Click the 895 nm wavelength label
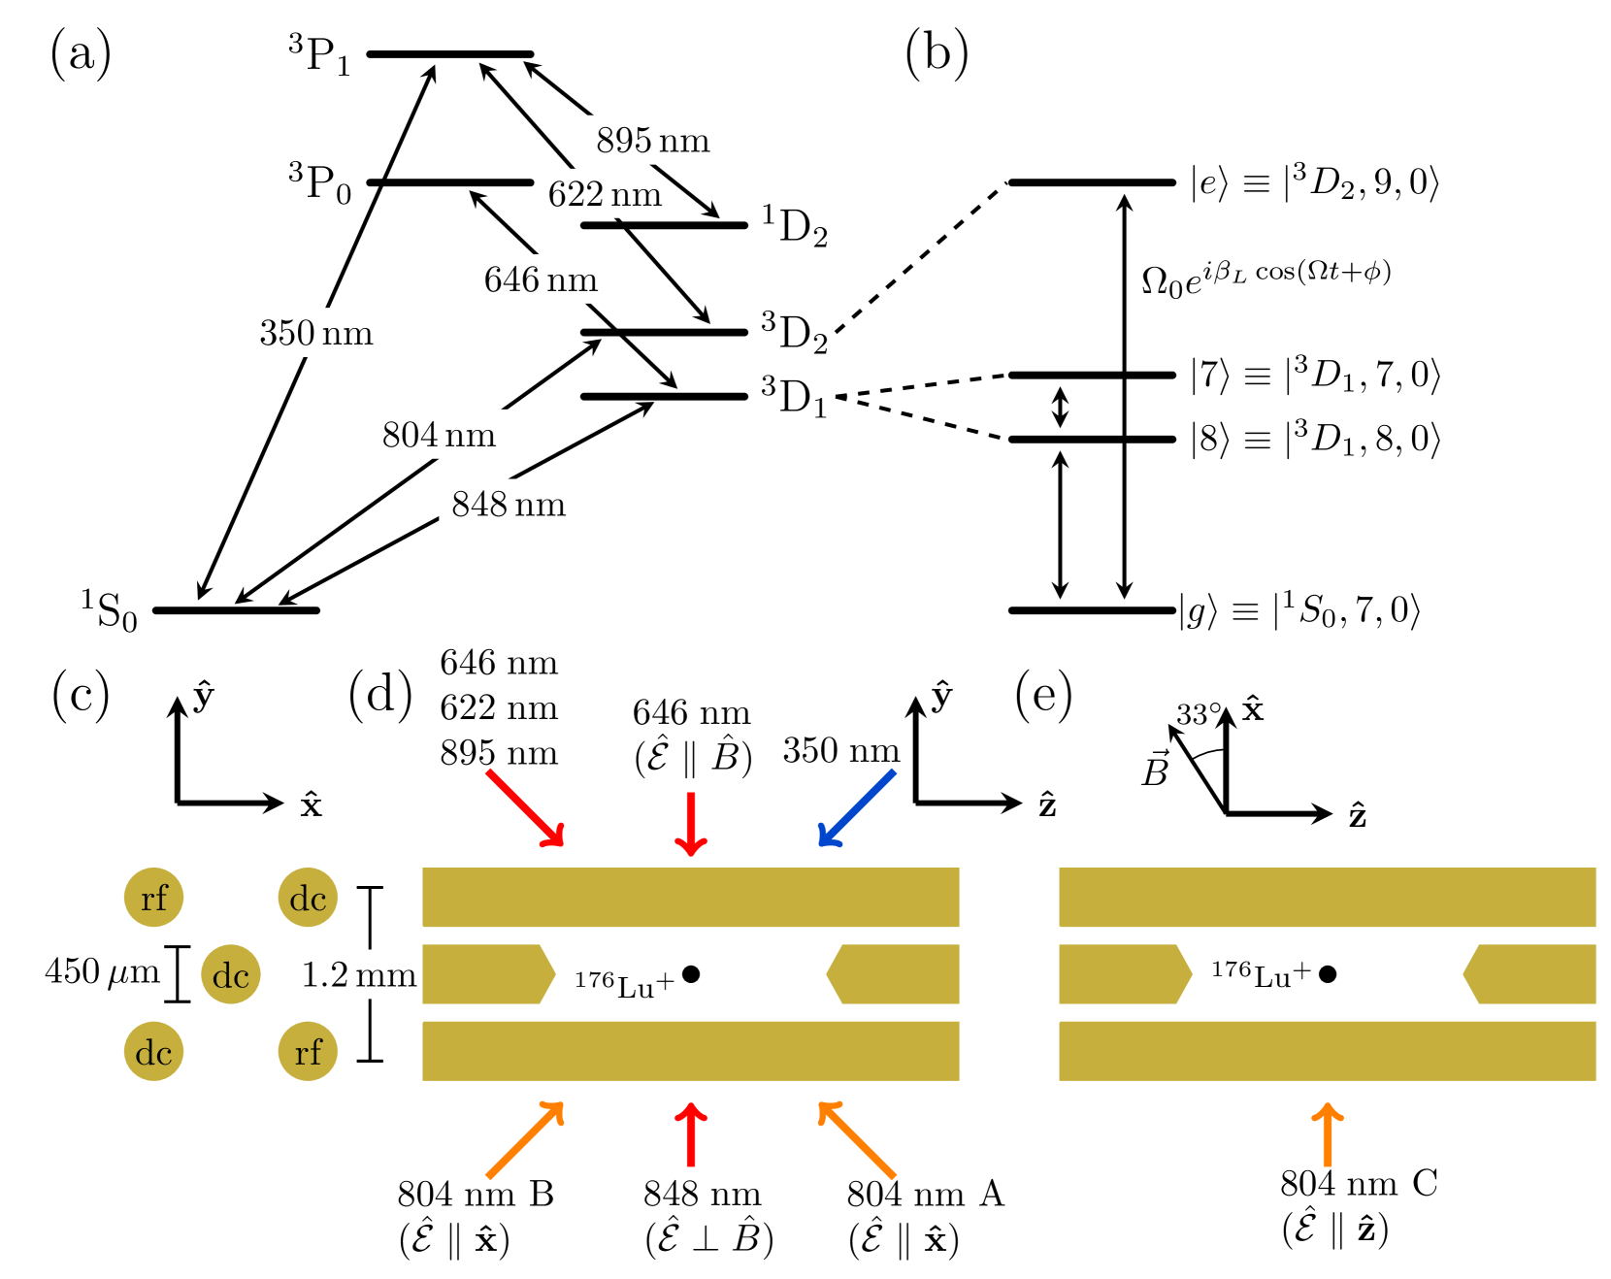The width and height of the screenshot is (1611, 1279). coord(653,140)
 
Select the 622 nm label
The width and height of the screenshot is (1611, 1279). coord(605,194)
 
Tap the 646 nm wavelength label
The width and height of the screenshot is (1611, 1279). coord(541,279)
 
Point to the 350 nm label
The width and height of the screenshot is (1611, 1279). coord(315,333)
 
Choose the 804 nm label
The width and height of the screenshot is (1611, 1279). coord(439,434)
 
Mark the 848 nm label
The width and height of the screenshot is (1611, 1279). coord(509,504)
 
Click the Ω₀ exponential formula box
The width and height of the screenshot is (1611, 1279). coord(1272,279)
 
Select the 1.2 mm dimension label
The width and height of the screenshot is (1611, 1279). coord(355,974)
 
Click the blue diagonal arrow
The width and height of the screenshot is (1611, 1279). coord(857,808)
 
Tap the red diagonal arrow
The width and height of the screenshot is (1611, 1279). coord(525,808)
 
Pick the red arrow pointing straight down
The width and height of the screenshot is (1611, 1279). coord(691,824)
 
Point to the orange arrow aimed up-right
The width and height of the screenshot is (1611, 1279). coord(525,1140)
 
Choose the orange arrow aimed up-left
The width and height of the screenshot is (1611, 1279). coord(857,1140)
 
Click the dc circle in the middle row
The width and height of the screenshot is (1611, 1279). coord(231,974)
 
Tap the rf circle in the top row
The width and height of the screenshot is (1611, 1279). coord(153,898)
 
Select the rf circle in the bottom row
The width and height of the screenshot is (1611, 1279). coord(308,1051)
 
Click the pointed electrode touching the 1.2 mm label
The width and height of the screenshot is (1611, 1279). coord(485,974)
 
